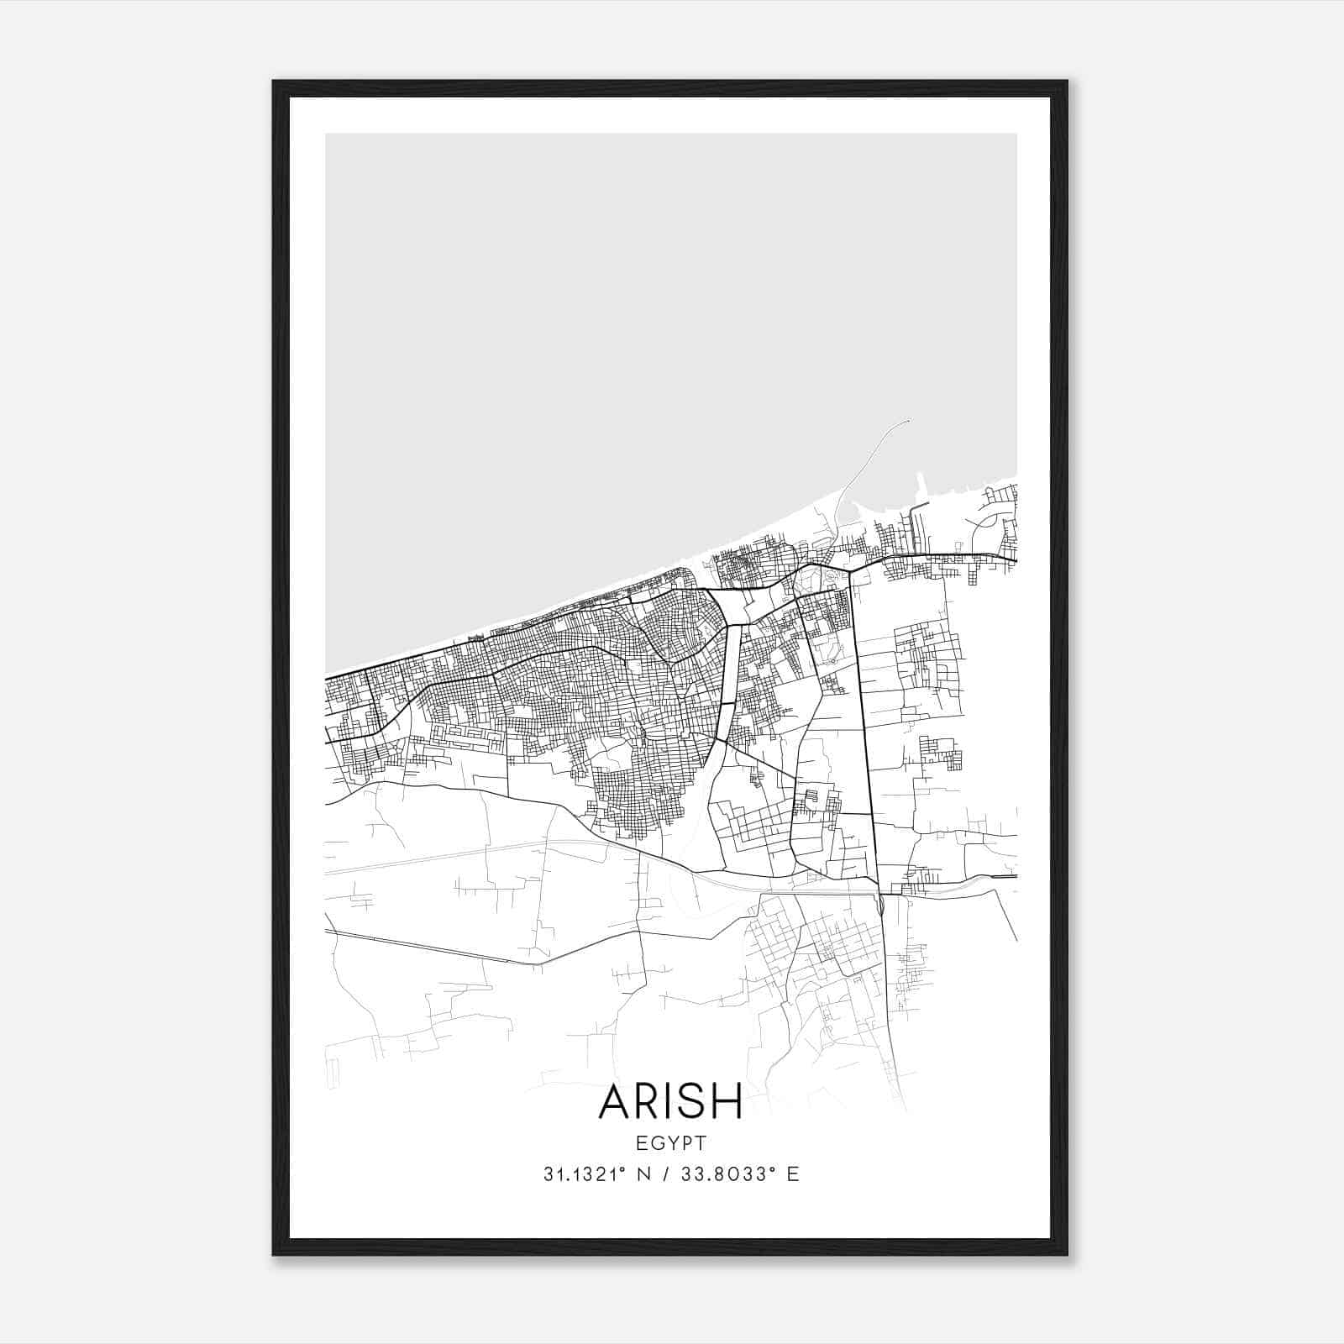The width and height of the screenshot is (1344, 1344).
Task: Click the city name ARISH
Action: point(670,1101)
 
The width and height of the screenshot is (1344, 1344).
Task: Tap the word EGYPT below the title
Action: point(670,1142)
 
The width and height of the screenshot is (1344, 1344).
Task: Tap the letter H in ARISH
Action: point(727,1101)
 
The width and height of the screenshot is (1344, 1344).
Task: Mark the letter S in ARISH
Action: point(693,1101)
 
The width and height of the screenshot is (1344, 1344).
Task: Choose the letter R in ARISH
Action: point(648,1101)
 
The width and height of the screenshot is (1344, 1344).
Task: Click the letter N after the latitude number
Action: point(645,1174)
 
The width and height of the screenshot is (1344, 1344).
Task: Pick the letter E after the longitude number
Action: point(793,1174)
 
